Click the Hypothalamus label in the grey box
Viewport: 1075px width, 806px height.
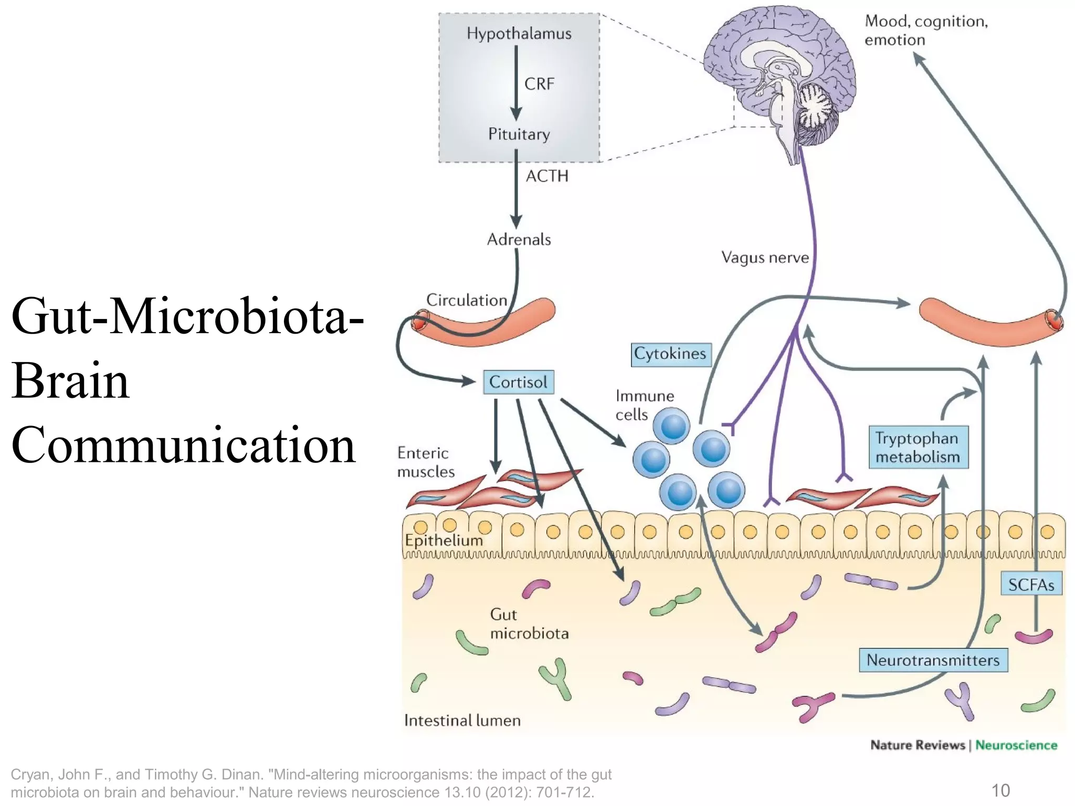(x=519, y=34)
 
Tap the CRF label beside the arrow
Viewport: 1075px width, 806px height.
(x=539, y=84)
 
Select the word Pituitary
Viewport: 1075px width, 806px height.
(x=519, y=134)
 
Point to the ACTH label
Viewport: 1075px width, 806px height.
(x=547, y=176)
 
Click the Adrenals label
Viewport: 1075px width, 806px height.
(x=519, y=240)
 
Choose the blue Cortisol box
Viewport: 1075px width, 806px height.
(x=518, y=382)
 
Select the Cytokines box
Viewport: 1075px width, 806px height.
(x=670, y=354)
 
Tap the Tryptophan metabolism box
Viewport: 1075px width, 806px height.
(x=917, y=448)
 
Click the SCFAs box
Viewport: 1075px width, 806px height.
(x=1031, y=585)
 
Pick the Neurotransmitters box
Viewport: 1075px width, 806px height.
(x=933, y=660)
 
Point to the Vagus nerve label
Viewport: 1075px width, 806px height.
(x=764, y=258)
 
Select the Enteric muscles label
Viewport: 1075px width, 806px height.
(x=425, y=462)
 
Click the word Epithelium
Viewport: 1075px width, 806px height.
(x=444, y=540)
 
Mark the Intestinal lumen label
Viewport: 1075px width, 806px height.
(x=462, y=720)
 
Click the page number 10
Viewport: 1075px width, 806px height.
(x=1000, y=790)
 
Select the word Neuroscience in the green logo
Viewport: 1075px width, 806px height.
(x=1016, y=745)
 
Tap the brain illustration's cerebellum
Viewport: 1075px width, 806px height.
(x=817, y=108)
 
